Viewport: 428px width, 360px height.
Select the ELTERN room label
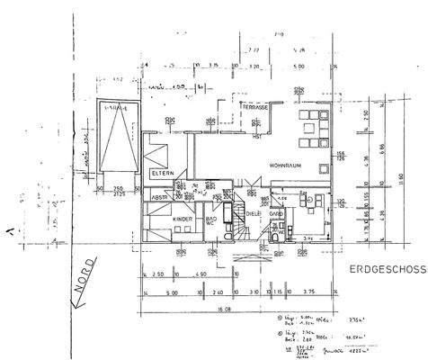click(x=163, y=172)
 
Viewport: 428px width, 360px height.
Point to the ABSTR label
click(x=162, y=197)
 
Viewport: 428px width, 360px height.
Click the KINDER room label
click(x=183, y=219)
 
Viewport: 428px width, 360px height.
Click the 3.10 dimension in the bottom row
click(x=254, y=292)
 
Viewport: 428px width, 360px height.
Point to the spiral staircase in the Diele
click(x=246, y=220)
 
